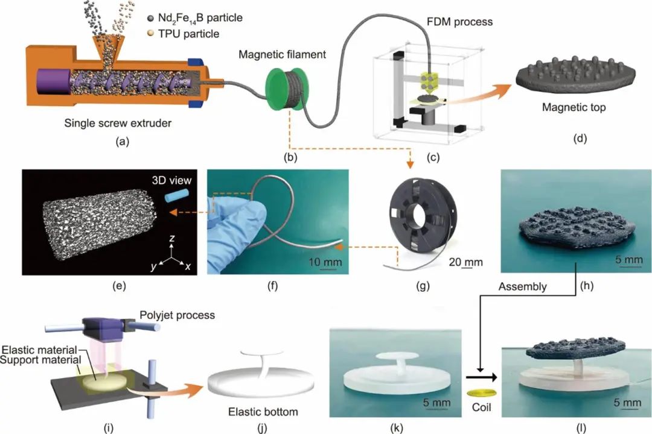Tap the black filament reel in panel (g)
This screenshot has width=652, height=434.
(423, 219)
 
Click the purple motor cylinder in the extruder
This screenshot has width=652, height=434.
(53, 81)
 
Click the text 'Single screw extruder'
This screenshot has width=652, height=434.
(118, 124)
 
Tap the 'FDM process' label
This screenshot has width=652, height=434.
(459, 22)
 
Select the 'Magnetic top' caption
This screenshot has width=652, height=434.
(574, 107)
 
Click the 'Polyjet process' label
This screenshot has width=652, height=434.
(177, 315)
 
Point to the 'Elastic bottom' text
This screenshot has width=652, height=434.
(263, 412)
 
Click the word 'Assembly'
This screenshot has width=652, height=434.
(523, 286)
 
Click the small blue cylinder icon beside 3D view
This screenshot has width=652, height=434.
(176, 196)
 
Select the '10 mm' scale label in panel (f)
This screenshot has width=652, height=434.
(325, 262)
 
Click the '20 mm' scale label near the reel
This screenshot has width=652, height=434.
(465, 262)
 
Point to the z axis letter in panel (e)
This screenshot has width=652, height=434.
(171, 238)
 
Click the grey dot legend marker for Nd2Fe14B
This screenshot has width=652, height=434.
(150, 18)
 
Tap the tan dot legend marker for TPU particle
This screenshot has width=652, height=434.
(150, 33)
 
